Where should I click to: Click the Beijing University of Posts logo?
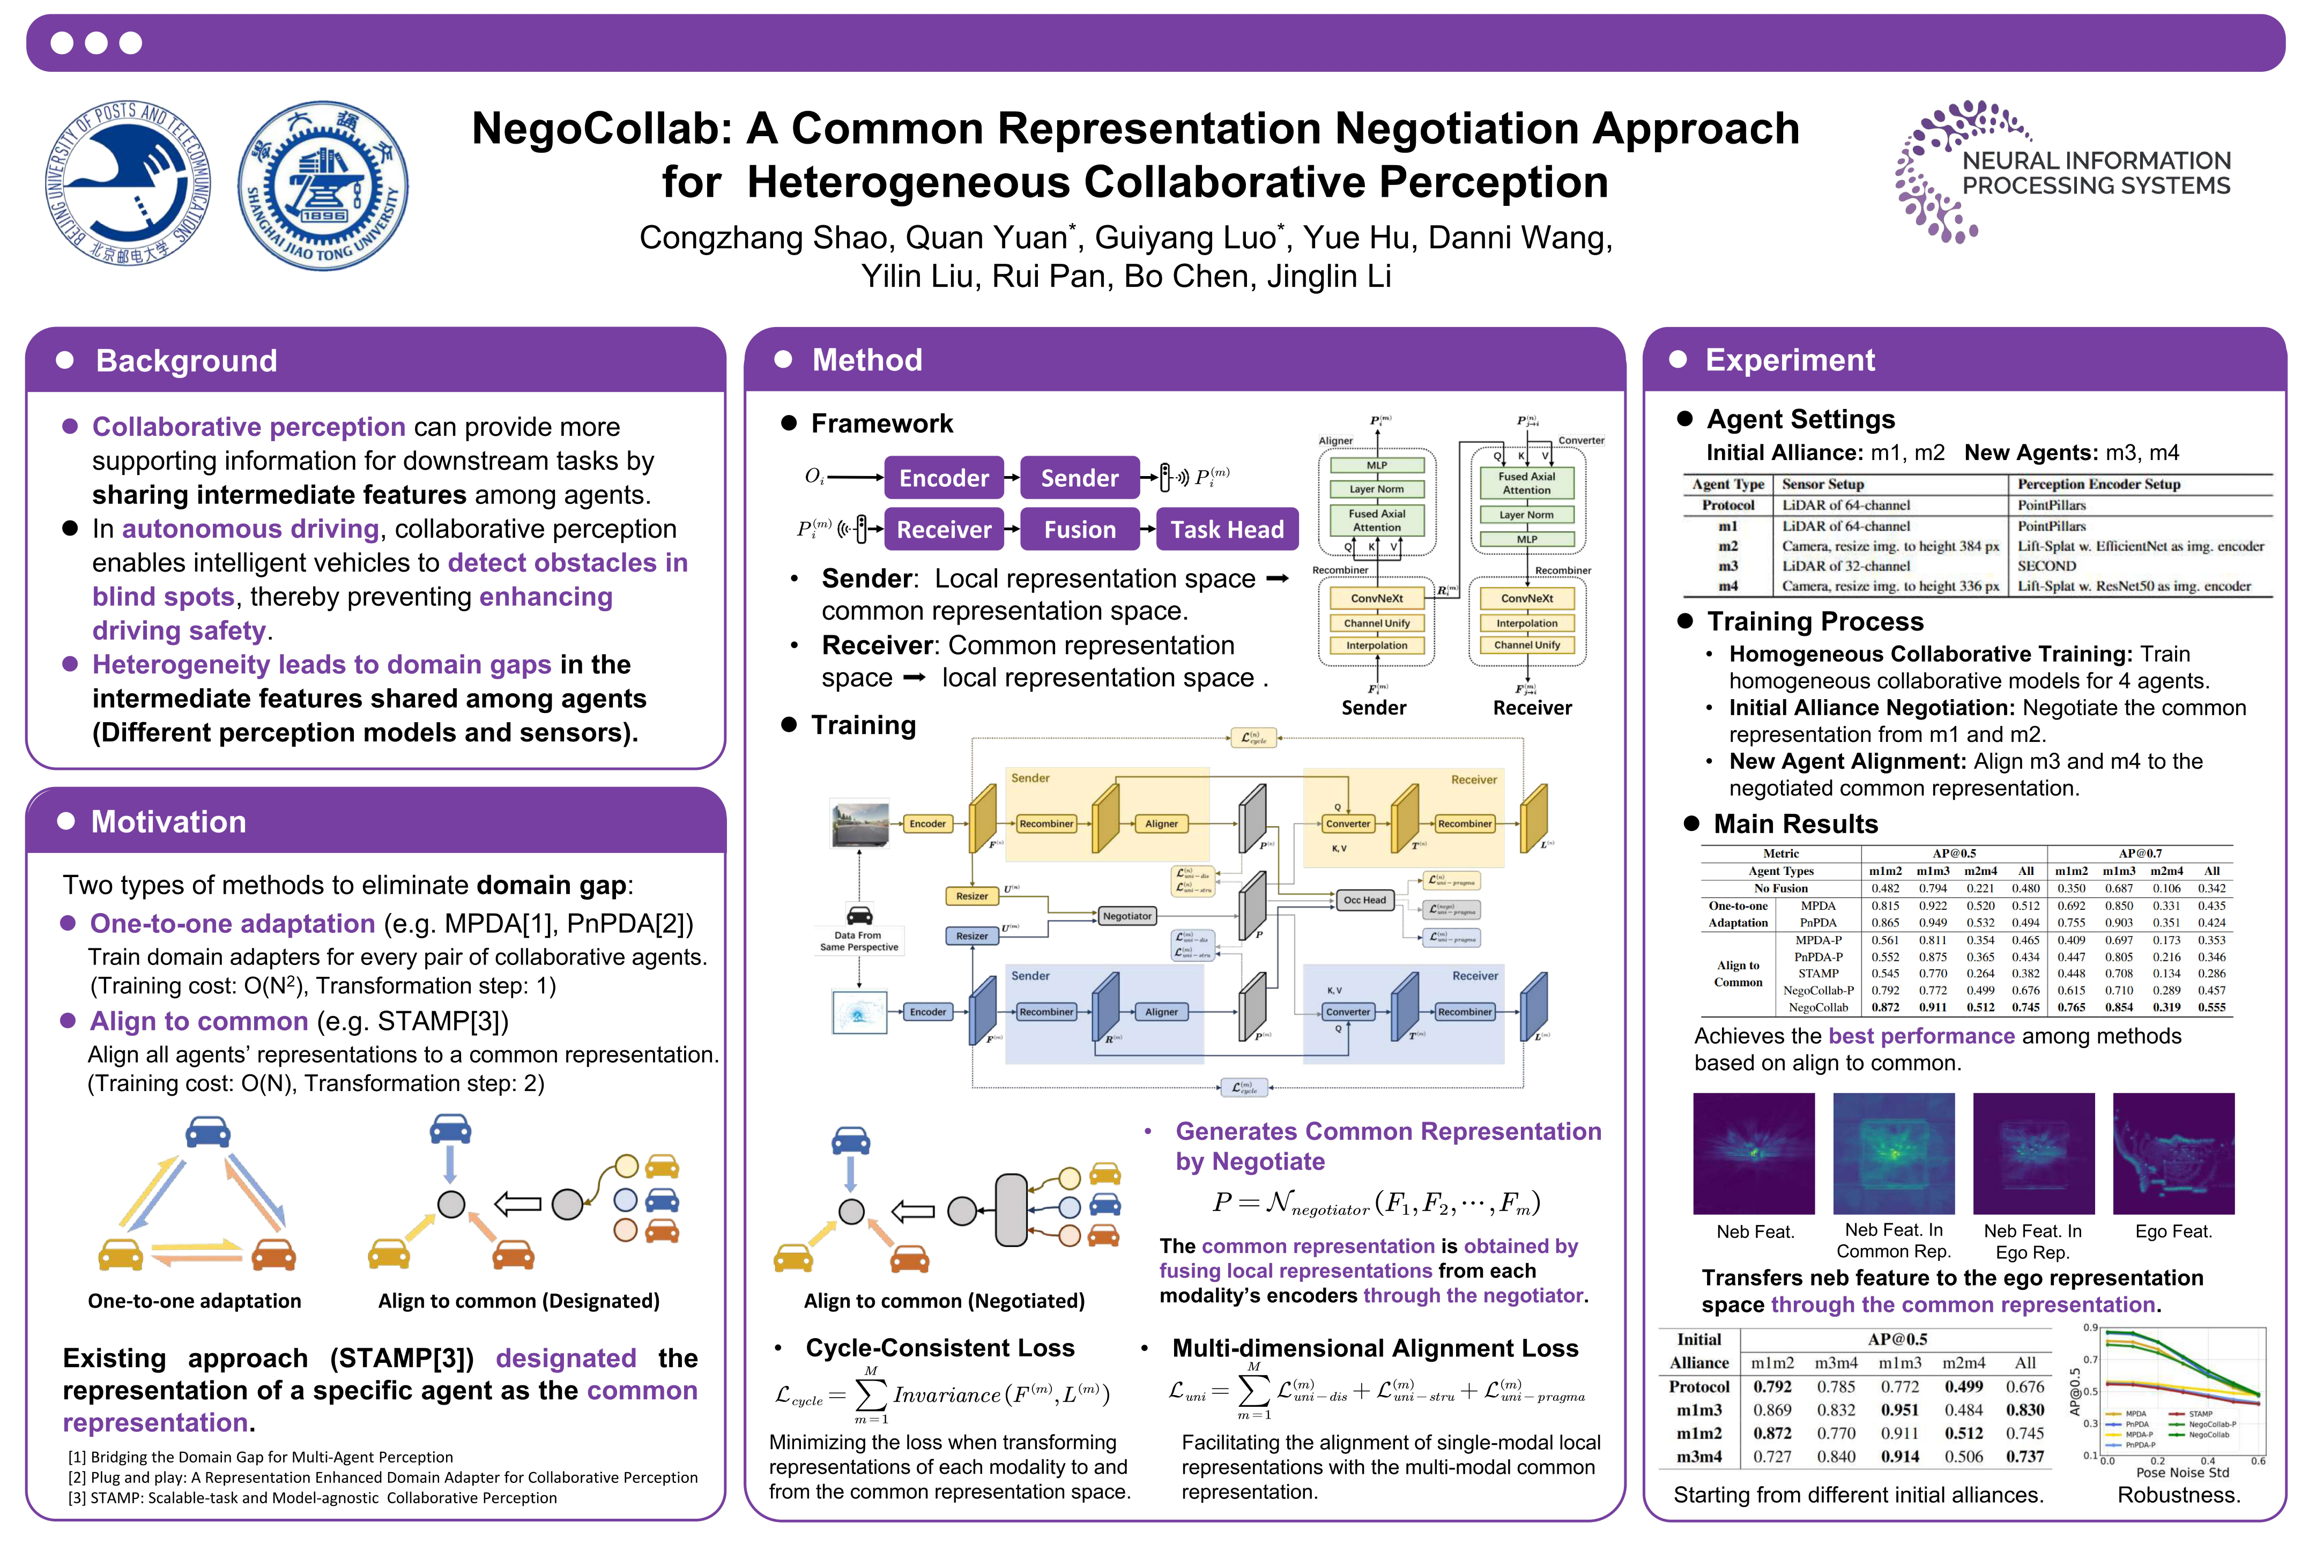tap(128, 184)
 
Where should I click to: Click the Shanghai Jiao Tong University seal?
tap(323, 185)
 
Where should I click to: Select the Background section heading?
tap(186, 361)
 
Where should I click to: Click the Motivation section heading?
tap(168, 822)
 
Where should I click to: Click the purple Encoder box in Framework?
tap(944, 479)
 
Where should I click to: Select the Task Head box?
tap(1227, 530)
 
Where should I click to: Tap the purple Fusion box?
tap(1079, 530)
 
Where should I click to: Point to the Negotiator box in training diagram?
tap(1126, 916)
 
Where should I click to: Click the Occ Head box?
tap(1364, 900)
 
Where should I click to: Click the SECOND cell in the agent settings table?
tap(2046, 566)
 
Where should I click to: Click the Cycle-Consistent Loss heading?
tap(939, 1348)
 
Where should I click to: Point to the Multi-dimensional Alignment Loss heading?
tap(1375, 1348)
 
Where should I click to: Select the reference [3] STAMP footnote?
tap(311, 1498)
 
